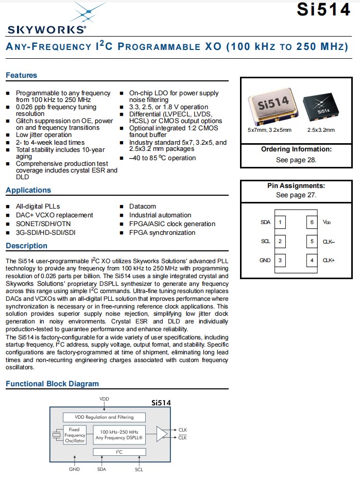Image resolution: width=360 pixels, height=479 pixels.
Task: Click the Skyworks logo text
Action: pos(46,29)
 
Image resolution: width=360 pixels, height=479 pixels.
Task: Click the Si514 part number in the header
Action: pos(323,10)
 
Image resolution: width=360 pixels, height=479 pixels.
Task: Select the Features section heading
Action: pos(22,75)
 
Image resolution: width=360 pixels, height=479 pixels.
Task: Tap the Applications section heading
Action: pos(28,190)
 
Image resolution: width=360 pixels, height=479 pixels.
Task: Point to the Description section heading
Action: pos(26,246)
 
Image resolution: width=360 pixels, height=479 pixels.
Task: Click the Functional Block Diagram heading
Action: pos(52,384)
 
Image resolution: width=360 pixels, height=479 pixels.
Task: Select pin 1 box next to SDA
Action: pos(280,223)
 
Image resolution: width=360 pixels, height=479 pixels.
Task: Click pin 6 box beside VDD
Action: pos(312,223)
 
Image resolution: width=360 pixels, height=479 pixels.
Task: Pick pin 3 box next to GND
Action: pos(280,261)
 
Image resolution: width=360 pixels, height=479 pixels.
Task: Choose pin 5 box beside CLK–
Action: pos(312,242)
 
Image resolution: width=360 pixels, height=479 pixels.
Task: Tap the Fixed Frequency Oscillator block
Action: pos(74,435)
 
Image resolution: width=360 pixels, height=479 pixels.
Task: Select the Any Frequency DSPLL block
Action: pos(119,435)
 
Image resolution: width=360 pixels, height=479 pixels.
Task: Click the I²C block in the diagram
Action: pos(119,452)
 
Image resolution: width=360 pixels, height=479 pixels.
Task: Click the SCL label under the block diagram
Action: pos(139,469)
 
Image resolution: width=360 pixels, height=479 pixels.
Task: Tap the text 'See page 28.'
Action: pos(296,160)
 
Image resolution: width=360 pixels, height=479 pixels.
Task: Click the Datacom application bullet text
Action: pos(143,207)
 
